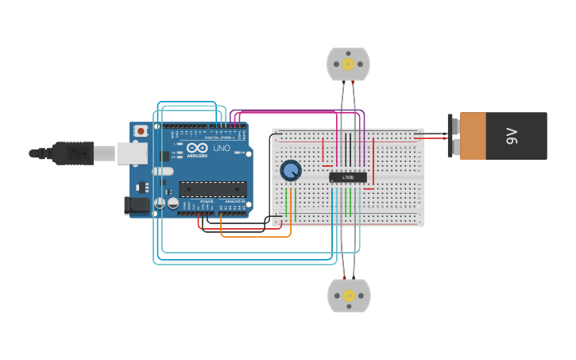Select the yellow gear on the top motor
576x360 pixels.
[x=348, y=64]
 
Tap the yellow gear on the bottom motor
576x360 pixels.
[x=349, y=296]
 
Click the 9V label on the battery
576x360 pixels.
[x=512, y=136]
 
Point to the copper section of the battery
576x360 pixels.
[x=473, y=136]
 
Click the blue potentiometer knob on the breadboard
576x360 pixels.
[x=291, y=170]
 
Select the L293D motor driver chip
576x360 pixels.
[x=348, y=177]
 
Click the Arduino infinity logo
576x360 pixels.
[x=197, y=148]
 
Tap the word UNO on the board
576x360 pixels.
[x=221, y=148]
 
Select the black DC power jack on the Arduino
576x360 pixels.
[x=137, y=205]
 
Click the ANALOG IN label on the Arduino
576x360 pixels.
[x=235, y=202]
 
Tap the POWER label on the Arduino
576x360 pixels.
[x=206, y=202]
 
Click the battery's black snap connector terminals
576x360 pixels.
[x=450, y=136]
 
